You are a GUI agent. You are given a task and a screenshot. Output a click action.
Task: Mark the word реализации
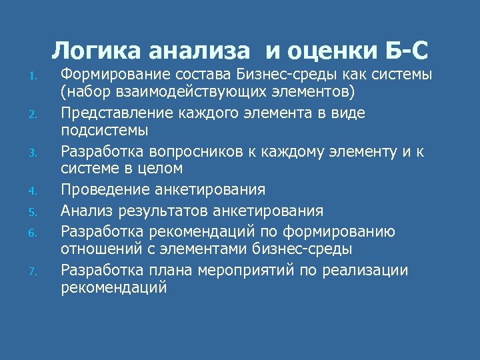click(377, 271)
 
